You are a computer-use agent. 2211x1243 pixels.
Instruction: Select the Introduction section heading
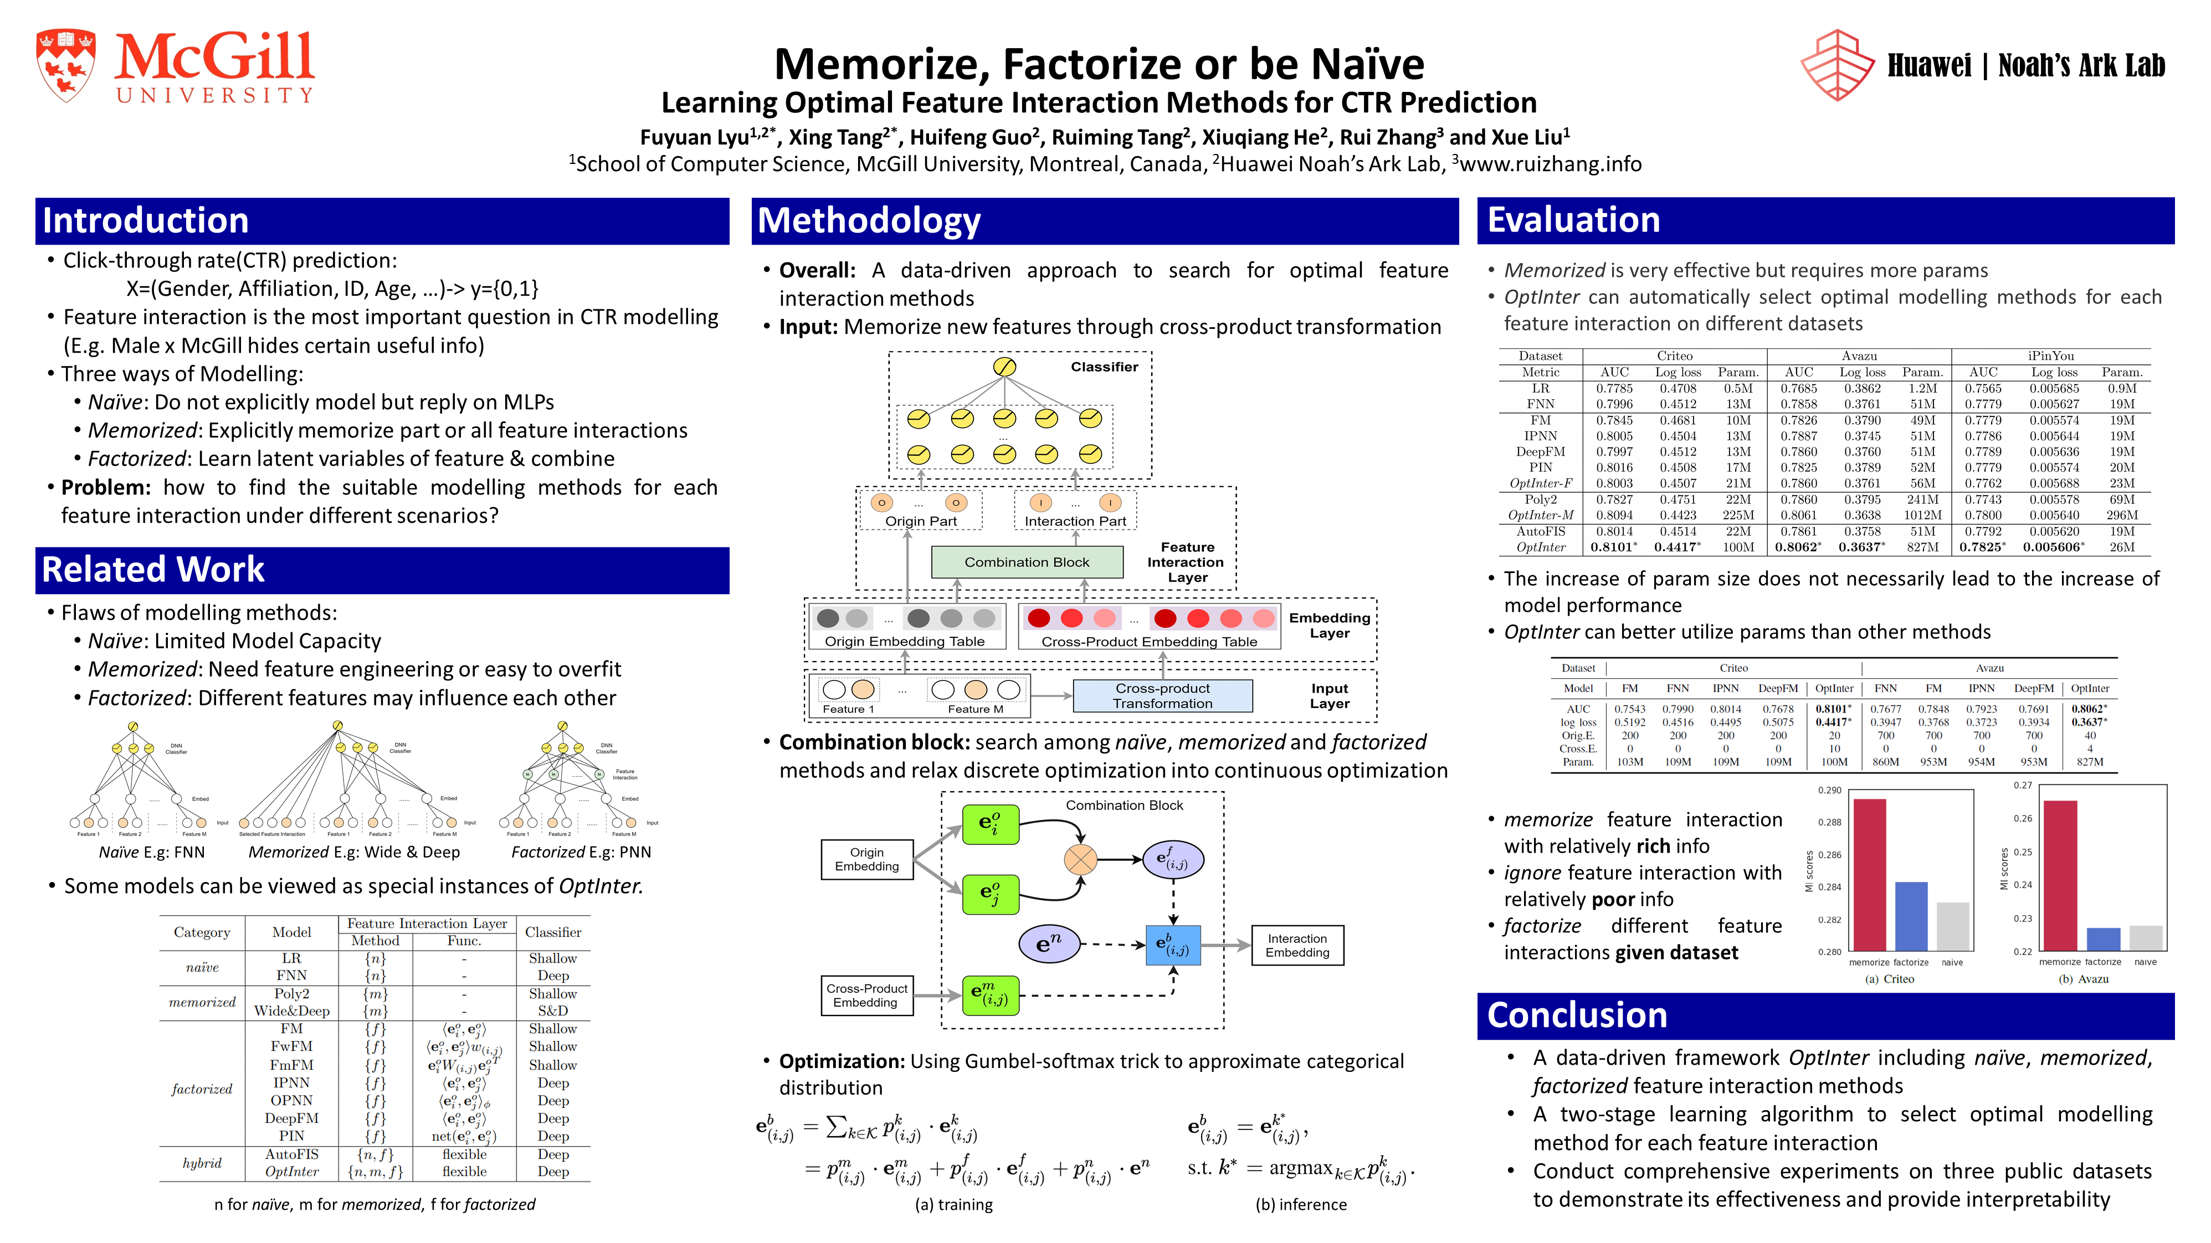coord(146,220)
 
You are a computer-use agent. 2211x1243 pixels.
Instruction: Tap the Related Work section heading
coord(153,570)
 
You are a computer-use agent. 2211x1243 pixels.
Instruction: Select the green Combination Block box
coord(1027,562)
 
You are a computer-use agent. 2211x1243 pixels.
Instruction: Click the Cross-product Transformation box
coord(1162,696)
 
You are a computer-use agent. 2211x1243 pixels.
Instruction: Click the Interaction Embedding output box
coord(1297,945)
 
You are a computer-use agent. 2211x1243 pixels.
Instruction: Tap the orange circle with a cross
coord(1080,859)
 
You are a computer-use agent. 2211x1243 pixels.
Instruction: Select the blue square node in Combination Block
coord(1172,945)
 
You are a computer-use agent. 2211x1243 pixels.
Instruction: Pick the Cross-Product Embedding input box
coord(866,995)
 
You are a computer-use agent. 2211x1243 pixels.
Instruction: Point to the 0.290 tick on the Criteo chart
coord(1829,790)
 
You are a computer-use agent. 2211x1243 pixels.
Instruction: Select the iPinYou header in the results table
coord(2050,356)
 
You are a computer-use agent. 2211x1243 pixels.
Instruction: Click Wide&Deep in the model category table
coord(292,1010)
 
